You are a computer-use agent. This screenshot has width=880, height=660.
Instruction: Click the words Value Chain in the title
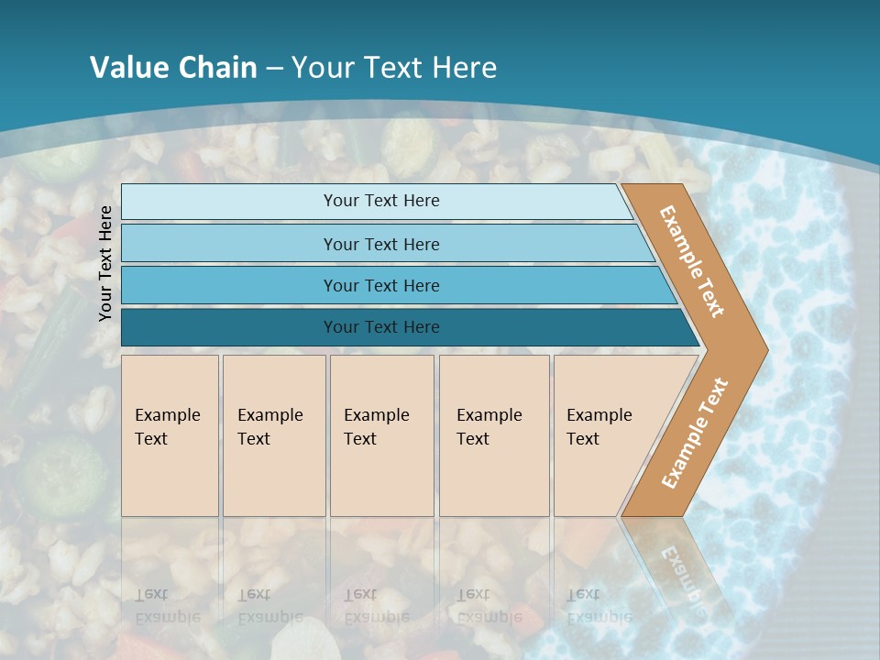tap(173, 67)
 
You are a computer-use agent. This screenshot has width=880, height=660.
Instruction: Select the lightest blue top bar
tap(229, 201)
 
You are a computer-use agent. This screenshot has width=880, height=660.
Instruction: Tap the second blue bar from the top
tap(229, 244)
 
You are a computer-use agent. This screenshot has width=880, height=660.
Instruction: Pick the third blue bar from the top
tap(229, 285)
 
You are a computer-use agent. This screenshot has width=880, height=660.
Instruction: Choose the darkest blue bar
tap(229, 327)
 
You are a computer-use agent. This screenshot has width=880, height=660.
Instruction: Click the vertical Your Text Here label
tap(105, 263)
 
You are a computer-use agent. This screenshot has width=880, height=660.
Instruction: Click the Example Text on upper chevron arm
tap(691, 261)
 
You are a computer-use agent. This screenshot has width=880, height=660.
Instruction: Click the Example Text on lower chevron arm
tap(694, 433)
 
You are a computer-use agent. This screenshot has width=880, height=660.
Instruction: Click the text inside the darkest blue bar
tap(381, 327)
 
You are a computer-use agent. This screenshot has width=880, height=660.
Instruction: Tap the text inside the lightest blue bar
tap(381, 201)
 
